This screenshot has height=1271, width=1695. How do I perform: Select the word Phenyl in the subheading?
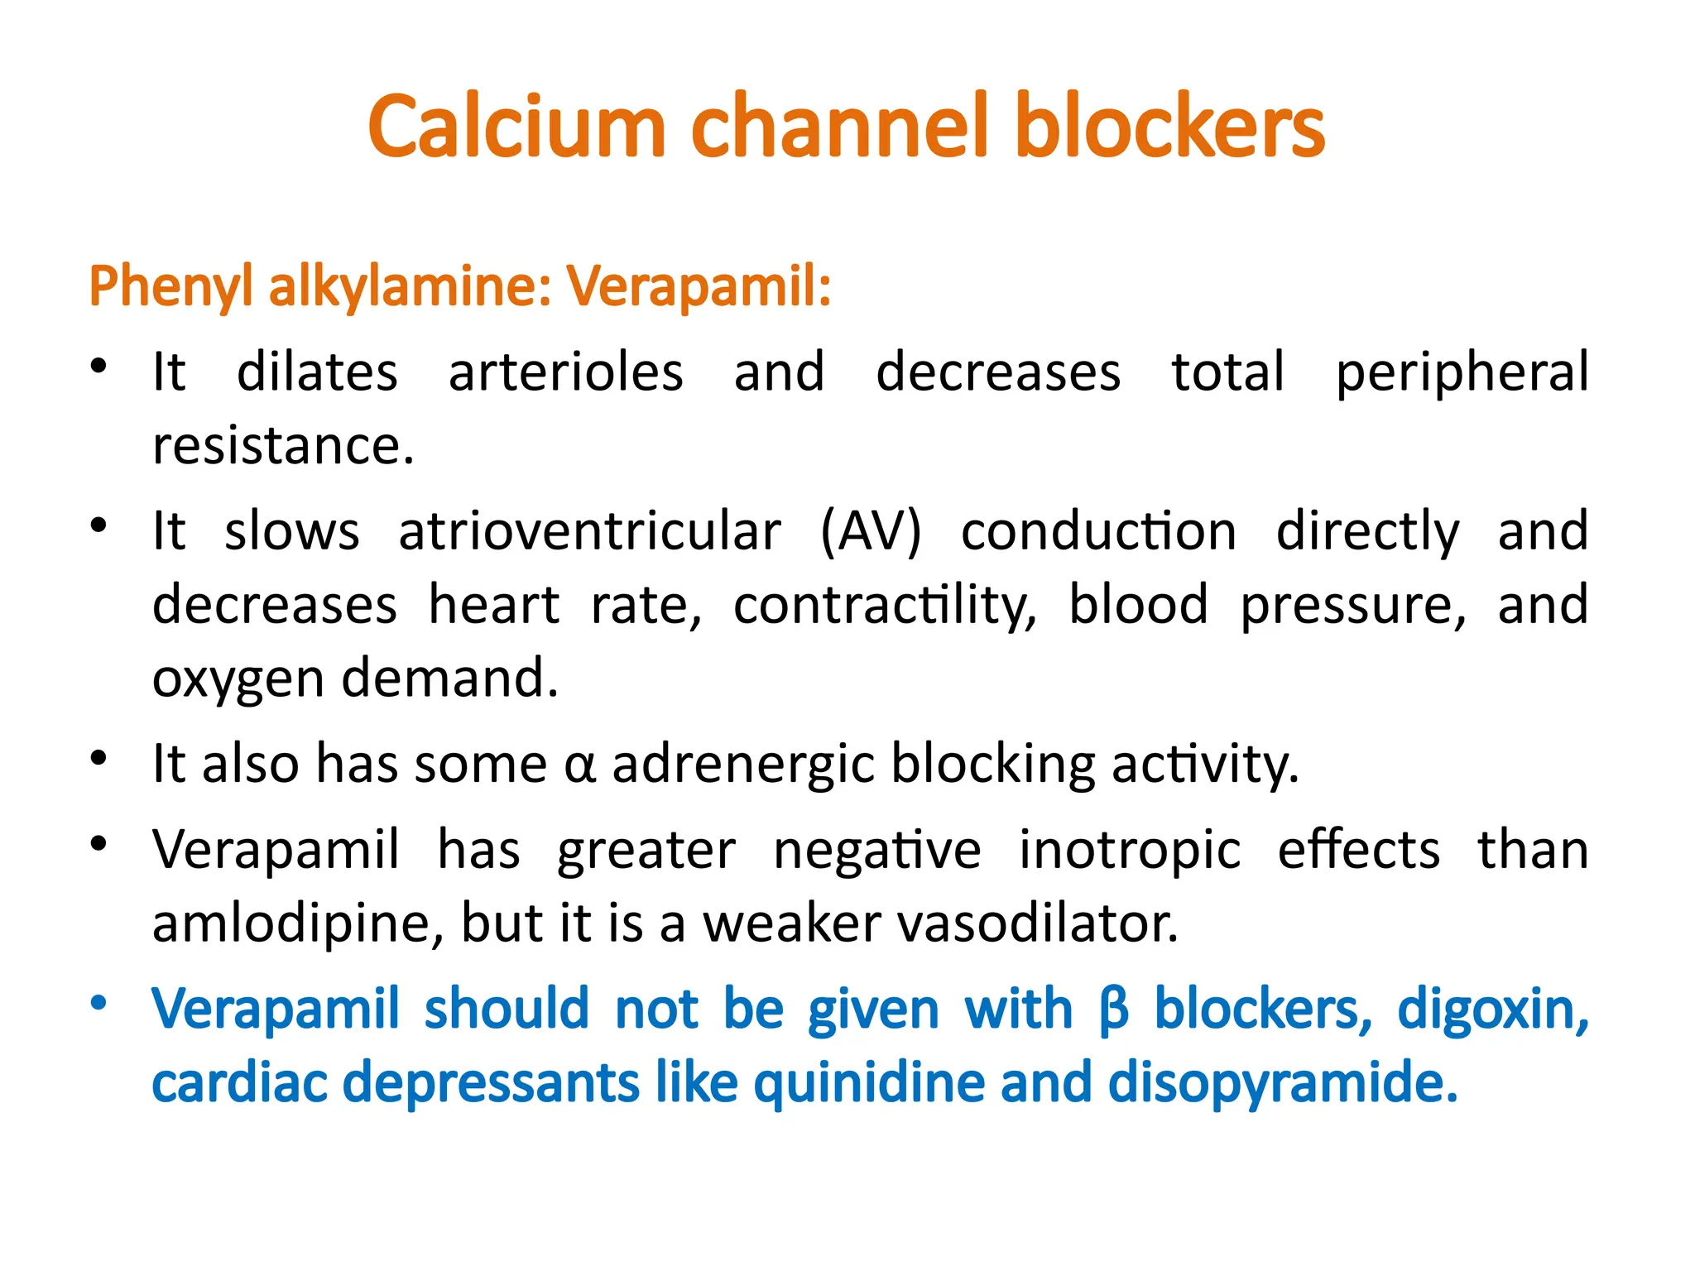(x=170, y=286)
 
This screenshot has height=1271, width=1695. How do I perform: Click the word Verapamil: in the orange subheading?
(x=699, y=286)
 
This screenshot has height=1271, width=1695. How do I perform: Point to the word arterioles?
(x=565, y=372)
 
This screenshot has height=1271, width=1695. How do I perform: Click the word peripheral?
(x=1462, y=372)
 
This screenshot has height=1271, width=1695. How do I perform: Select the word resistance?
(x=282, y=446)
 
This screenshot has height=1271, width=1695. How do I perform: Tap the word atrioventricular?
(x=589, y=530)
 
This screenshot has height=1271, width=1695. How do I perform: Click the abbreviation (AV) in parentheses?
(x=870, y=530)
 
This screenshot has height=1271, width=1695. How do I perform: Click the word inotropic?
(x=1129, y=850)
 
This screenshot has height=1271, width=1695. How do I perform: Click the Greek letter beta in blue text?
(x=1114, y=1010)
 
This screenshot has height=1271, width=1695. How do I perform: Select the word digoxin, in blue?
(x=1492, y=1010)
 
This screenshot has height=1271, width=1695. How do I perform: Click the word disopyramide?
(x=1282, y=1083)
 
